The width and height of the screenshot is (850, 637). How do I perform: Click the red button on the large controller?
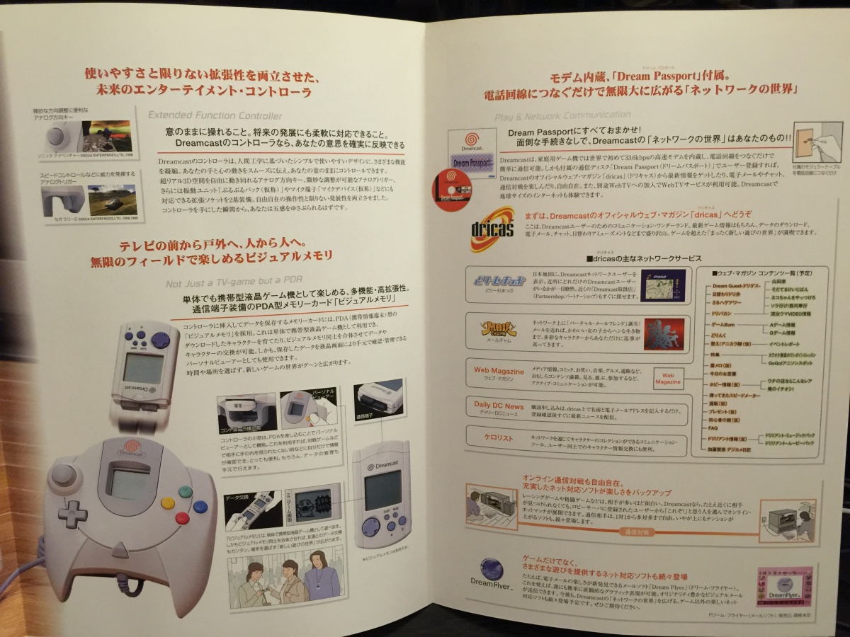pos(183,517)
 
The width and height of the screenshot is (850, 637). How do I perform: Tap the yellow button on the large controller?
pos(168,503)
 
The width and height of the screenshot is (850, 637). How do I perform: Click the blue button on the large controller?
pos(201,506)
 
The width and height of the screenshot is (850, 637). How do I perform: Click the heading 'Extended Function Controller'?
pos(214,115)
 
